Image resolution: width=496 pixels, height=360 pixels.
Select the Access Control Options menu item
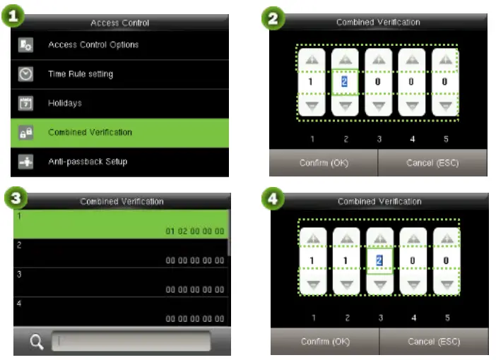coord(93,45)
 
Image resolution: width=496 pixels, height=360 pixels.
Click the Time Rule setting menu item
coord(81,74)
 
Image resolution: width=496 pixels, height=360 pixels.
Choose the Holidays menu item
coord(65,103)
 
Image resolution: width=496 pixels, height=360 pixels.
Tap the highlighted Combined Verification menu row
coord(120,132)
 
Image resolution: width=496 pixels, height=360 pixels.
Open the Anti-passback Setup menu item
coord(88,162)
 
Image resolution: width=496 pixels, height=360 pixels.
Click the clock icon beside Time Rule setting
coord(25,74)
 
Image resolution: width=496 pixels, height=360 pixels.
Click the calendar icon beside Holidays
coord(25,104)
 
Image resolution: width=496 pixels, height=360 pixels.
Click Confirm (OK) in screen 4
coord(325,342)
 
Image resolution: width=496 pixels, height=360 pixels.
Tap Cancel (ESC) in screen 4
coord(433,342)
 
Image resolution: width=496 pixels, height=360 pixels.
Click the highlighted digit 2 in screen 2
coord(345,81)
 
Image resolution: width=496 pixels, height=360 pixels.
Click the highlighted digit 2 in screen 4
coord(379,260)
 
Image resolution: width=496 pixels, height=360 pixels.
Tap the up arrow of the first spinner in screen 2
coord(311,61)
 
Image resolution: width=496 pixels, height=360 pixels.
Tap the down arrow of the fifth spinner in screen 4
coord(447,285)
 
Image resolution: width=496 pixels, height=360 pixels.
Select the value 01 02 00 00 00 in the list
coord(195,231)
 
